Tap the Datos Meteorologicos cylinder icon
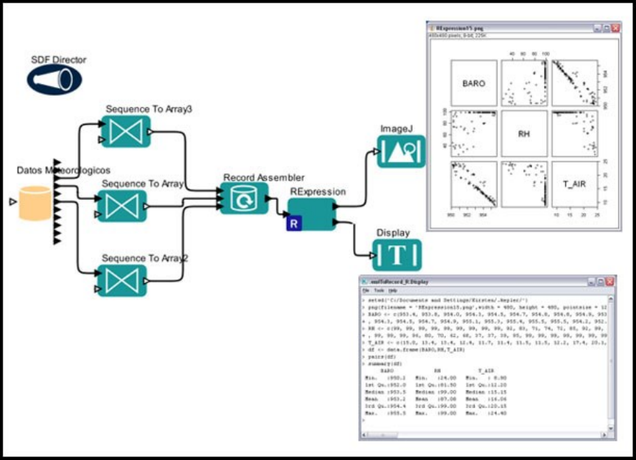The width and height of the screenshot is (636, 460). coord(34,203)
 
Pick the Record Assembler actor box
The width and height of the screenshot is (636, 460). coord(243,198)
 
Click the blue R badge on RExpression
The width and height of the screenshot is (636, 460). coord(294,223)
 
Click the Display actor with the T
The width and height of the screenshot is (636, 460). coord(397,255)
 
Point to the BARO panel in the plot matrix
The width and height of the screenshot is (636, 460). coord(473,83)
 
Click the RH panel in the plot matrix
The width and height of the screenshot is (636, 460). coord(524,134)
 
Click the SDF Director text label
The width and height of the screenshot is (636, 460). coord(58,59)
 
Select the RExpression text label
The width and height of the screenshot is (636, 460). coord(318,191)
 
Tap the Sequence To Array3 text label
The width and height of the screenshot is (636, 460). coord(150,109)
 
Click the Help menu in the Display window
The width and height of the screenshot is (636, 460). coord(392,291)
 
